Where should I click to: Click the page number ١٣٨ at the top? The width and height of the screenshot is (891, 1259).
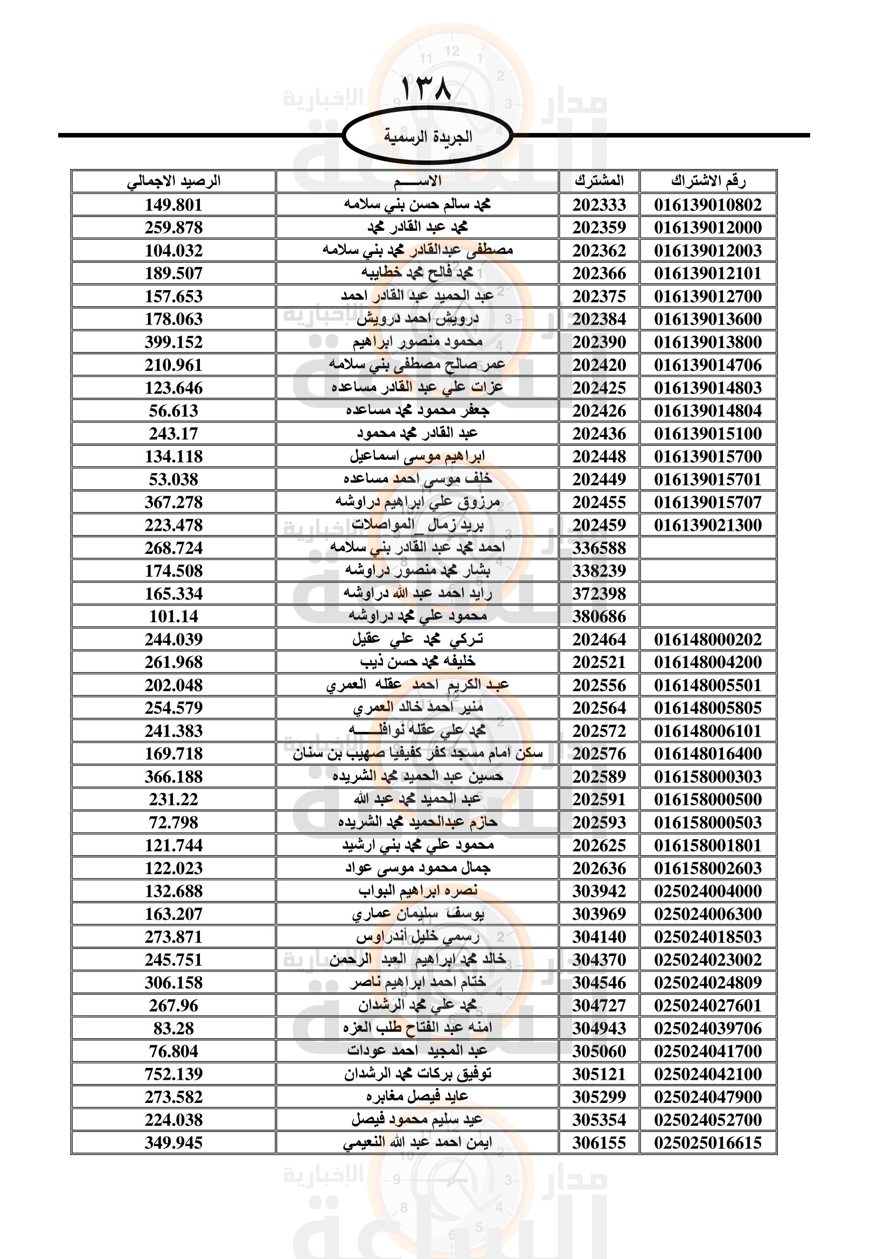pyautogui.click(x=426, y=88)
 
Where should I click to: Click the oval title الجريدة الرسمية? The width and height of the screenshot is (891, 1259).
pyautogui.click(x=427, y=136)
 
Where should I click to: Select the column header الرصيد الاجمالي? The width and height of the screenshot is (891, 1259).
pyautogui.click(x=173, y=181)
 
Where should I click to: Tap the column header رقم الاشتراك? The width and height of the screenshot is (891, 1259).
pyautogui.click(x=708, y=181)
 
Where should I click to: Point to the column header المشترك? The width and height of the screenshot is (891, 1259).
pyautogui.click(x=599, y=181)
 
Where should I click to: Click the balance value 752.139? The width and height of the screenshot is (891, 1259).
pyautogui.click(x=173, y=1074)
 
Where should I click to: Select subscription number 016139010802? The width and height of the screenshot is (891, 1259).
pyautogui.click(x=708, y=205)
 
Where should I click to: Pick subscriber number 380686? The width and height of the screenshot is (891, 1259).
pyautogui.click(x=599, y=616)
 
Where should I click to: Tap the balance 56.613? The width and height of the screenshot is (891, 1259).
pyautogui.click(x=173, y=411)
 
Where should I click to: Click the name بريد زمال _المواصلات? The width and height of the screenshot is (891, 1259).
pyautogui.click(x=417, y=525)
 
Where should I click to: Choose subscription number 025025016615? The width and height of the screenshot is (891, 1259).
pyautogui.click(x=708, y=1142)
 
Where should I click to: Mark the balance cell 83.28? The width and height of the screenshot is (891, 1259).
pyautogui.click(x=173, y=1028)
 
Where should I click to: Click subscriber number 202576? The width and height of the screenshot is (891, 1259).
pyautogui.click(x=599, y=754)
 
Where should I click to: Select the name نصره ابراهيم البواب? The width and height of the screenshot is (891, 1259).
pyautogui.click(x=417, y=891)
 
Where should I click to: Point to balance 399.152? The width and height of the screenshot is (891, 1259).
pyautogui.click(x=173, y=342)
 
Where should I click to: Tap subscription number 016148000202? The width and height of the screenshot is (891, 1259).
pyautogui.click(x=708, y=639)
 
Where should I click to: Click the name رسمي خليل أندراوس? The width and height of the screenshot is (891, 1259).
pyautogui.click(x=417, y=937)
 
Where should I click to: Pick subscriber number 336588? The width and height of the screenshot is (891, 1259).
pyautogui.click(x=599, y=548)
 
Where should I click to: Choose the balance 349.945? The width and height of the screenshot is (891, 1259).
pyautogui.click(x=173, y=1142)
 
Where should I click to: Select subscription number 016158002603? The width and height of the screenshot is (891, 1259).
pyautogui.click(x=708, y=868)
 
